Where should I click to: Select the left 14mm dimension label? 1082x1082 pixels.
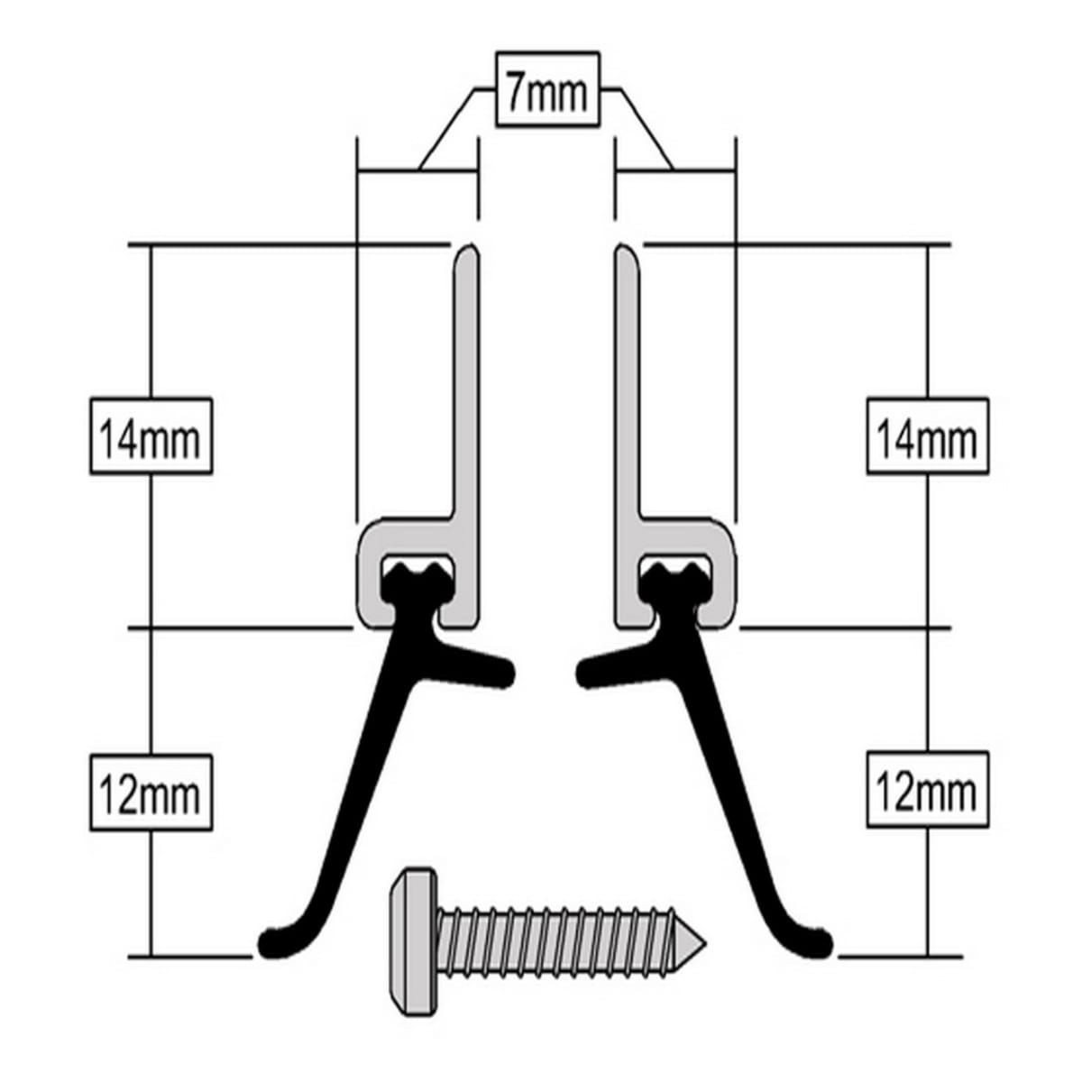click(151, 436)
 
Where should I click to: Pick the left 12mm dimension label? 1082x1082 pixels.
click(151, 793)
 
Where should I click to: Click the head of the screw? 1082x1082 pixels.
click(412, 941)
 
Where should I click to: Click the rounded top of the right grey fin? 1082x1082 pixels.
click(626, 252)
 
